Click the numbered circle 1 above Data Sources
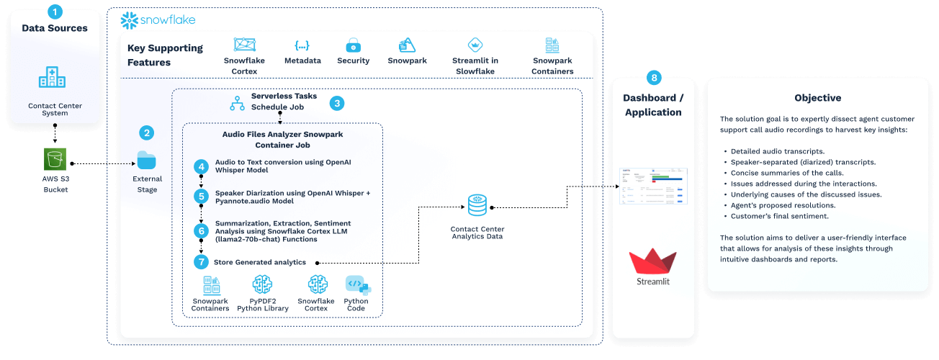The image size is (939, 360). [x=55, y=12]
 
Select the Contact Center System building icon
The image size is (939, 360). [x=55, y=77]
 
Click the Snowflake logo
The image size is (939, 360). [x=158, y=20]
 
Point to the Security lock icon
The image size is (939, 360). [x=353, y=45]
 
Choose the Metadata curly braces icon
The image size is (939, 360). [x=302, y=45]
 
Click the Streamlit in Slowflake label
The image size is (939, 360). [x=475, y=66]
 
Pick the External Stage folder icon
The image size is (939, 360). [x=147, y=160]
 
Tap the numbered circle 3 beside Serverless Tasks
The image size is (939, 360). [x=336, y=103]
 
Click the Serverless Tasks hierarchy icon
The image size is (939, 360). [x=237, y=102]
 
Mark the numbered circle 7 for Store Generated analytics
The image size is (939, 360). [x=201, y=261]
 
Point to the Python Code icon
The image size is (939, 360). [x=356, y=285]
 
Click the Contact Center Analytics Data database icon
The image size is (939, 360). [x=477, y=206]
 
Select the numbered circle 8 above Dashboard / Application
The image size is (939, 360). [x=654, y=77]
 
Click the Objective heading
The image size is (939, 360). [x=817, y=98]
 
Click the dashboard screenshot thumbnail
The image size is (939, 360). [x=654, y=186]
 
